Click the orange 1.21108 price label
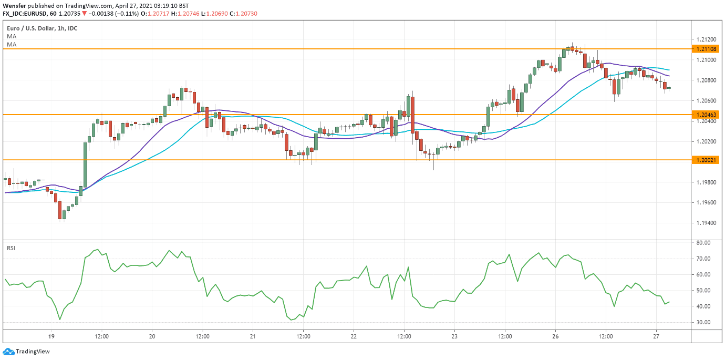point(705,49)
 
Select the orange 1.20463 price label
point(705,114)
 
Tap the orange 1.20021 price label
point(705,159)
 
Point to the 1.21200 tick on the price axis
point(705,39)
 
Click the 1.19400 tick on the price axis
point(705,223)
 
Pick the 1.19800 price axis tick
point(705,182)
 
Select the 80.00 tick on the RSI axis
point(703,243)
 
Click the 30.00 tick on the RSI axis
point(703,322)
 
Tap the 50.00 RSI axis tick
point(703,291)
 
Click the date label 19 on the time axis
point(51,336)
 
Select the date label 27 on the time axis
point(656,336)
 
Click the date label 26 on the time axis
point(556,336)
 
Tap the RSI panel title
point(11,248)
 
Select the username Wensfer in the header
point(14,5)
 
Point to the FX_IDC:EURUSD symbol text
point(26,13)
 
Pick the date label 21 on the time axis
point(253,336)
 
